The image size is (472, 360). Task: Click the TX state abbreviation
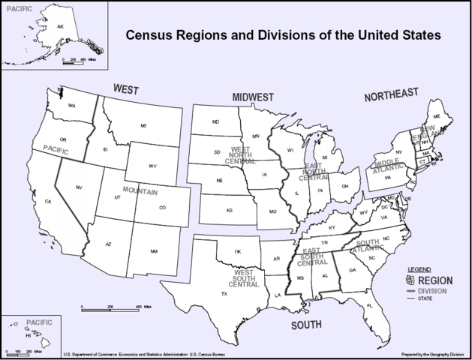pyautogui.click(x=224, y=293)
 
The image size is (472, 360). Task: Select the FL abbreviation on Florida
pyautogui.click(x=369, y=306)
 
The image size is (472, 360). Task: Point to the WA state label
pyautogui.click(x=72, y=106)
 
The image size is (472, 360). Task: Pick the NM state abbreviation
pyautogui.click(x=154, y=250)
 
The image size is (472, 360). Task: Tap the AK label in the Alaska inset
pyautogui.click(x=61, y=27)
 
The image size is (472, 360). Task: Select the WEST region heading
pyautogui.click(x=126, y=89)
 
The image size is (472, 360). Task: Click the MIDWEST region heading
pyautogui.click(x=253, y=97)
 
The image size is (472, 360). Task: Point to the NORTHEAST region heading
pyautogui.click(x=390, y=95)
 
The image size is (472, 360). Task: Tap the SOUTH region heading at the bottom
pyautogui.click(x=306, y=325)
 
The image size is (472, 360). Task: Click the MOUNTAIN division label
pyautogui.click(x=140, y=192)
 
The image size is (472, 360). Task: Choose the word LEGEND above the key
pyautogui.click(x=419, y=268)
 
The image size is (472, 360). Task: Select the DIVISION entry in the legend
pyautogui.click(x=432, y=290)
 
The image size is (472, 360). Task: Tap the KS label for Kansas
pyautogui.click(x=230, y=210)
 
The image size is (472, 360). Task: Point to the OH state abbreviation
pyautogui.click(x=344, y=186)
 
